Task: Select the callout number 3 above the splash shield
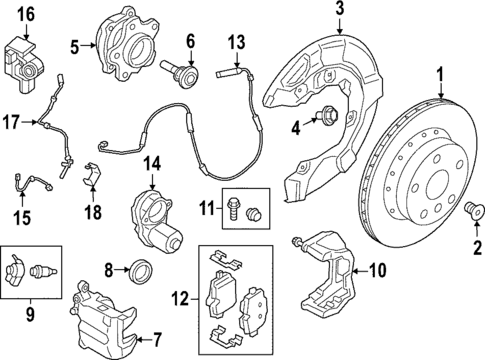coord(339,11)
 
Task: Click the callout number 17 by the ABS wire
coord(11,123)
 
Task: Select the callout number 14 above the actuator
coord(151,162)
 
